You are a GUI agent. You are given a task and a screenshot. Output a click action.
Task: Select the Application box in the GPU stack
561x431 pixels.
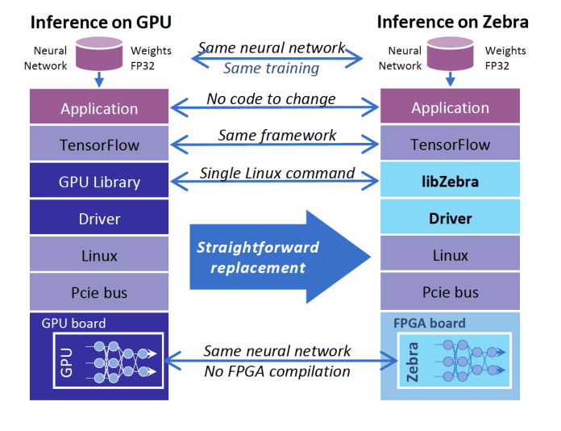[x=99, y=108]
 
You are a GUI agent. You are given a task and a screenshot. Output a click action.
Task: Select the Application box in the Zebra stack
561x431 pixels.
[x=450, y=108]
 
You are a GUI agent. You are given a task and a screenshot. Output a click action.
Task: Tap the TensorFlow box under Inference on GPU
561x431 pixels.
[x=99, y=145]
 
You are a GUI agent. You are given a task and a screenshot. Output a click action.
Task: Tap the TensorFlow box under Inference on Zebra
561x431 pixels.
[x=450, y=145]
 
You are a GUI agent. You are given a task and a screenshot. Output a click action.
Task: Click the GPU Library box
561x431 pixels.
[x=99, y=182]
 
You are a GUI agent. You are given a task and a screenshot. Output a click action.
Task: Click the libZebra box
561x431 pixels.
[x=450, y=182]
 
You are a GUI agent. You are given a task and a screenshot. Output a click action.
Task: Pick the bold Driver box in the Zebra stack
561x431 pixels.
[x=450, y=219]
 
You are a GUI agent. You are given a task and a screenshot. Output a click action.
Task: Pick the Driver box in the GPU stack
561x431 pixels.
[x=99, y=219]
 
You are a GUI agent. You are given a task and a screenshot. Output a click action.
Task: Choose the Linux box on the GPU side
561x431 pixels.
[x=99, y=256]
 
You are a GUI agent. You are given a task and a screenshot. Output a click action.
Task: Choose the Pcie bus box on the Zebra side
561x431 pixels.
[x=450, y=292]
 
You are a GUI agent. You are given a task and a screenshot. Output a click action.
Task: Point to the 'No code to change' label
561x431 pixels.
[x=271, y=99]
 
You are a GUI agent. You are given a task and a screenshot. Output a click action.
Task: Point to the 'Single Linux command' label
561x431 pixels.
[x=277, y=173]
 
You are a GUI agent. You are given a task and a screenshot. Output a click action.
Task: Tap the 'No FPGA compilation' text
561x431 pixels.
[x=277, y=371]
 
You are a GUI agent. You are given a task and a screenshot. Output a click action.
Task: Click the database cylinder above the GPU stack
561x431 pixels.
[x=98, y=53]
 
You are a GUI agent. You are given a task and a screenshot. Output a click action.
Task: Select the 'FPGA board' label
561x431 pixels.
[x=429, y=324]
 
